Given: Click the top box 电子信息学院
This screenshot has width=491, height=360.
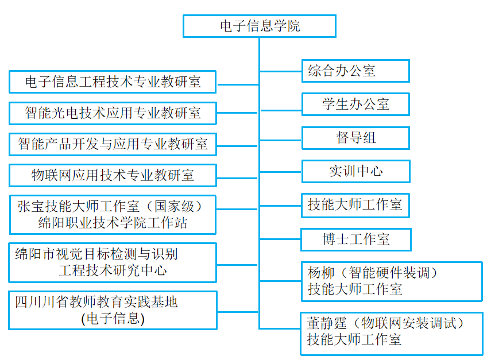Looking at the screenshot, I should point(259,26).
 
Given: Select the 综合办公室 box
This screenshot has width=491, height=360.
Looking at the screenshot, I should point(355,71).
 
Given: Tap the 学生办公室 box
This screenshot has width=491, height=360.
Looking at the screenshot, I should point(355,104).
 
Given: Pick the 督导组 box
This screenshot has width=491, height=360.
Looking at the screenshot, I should point(355,138).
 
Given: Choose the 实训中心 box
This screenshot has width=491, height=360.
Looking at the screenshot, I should point(355,171).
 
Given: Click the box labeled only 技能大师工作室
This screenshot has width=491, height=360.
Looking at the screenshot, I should point(355,205).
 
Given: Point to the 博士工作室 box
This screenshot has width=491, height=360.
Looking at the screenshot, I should point(355,239).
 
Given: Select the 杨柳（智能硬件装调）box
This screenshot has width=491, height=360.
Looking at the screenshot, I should point(392,281).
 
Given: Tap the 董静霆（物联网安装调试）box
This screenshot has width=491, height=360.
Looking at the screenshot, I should point(391,333).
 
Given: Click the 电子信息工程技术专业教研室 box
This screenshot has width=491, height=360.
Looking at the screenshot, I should point(113,82).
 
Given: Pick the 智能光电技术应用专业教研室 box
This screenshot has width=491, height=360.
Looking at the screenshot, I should point(113,113).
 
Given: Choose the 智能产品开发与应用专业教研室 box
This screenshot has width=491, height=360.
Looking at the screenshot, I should point(113,144).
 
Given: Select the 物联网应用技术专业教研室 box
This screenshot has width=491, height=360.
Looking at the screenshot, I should point(113,175).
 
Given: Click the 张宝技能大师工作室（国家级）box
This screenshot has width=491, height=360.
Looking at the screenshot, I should point(113,214).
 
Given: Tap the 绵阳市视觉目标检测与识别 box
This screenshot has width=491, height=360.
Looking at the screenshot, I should point(113,262).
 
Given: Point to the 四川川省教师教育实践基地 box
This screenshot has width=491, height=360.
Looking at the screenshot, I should point(113,310).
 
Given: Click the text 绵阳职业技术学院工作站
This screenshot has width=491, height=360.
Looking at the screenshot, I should point(113,223).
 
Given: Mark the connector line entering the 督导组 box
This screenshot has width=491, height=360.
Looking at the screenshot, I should point(281,138).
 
